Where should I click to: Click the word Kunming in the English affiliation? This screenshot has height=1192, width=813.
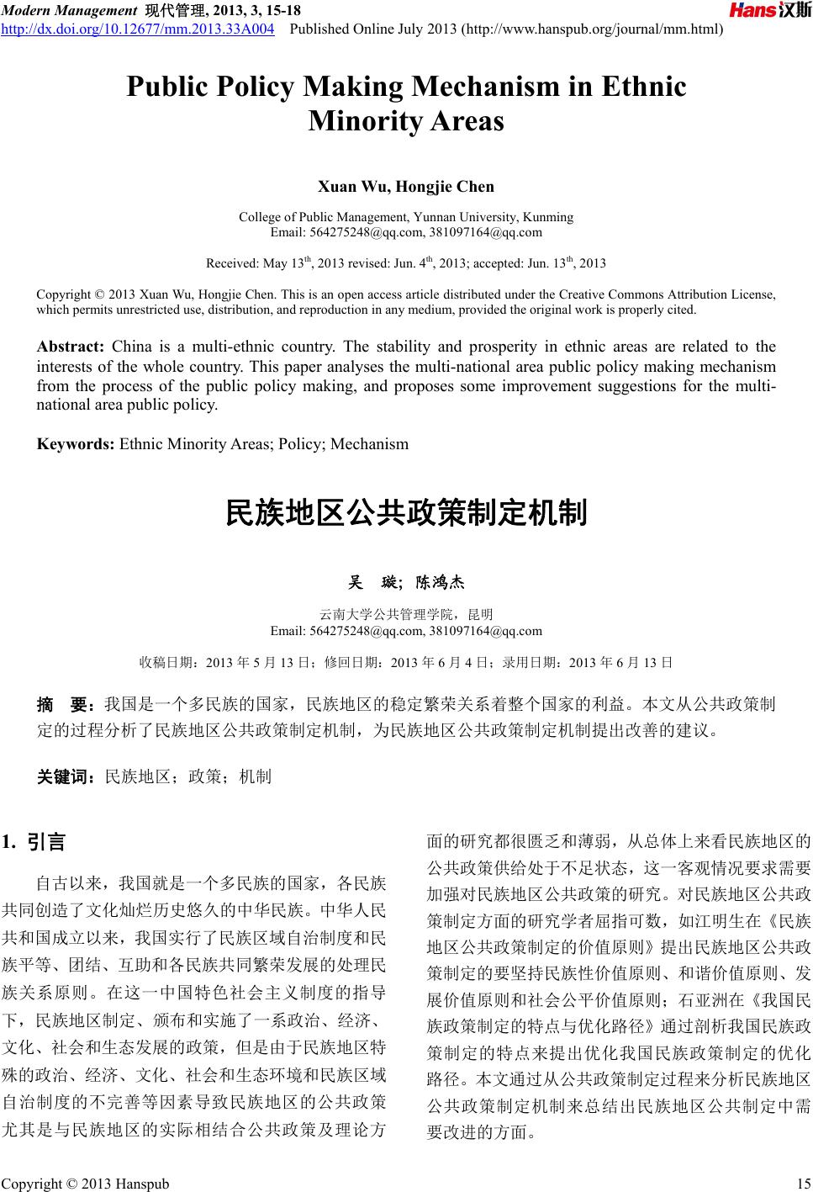(547, 217)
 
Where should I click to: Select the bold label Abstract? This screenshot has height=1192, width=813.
(70, 347)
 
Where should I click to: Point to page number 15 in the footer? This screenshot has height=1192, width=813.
(800, 1184)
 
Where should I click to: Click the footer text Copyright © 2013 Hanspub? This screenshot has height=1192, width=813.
(86, 1184)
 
